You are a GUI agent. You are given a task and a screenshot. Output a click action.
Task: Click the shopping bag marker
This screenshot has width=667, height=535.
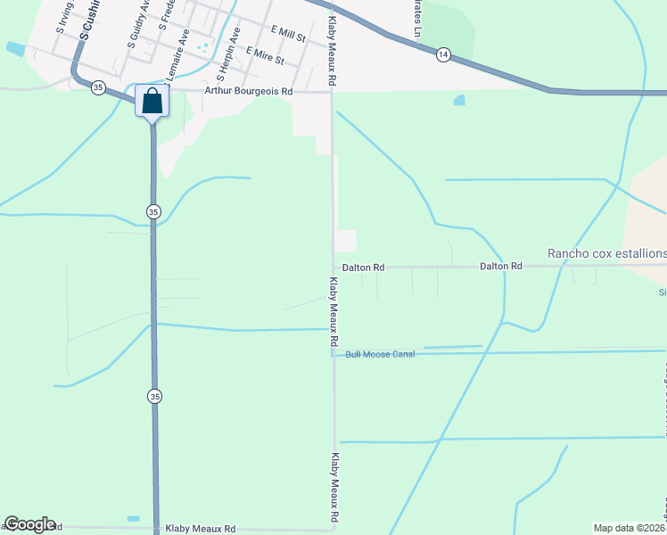pyautogui.click(x=152, y=101)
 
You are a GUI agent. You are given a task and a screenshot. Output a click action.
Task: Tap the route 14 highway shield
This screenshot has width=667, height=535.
pyautogui.click(x=443, y=55)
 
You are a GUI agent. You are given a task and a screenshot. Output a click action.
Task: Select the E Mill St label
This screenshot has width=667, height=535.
pyautogui.click(x=288, y=37)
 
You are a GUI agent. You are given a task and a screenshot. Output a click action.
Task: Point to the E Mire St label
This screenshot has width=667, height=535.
pyautogui.click(x=265, y=56)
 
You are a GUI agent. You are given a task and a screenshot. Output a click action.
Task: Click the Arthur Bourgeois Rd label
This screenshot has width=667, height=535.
pyautogui.click(x=249, y=91)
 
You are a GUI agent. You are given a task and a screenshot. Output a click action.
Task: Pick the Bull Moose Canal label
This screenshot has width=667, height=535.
pyautogui.click(x=381, y=354)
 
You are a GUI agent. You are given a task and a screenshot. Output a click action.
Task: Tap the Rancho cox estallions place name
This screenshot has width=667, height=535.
pyautogui.click(x=606, y=253)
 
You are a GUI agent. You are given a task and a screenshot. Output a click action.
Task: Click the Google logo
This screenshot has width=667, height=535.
pyautogui.click(x=29, y=524)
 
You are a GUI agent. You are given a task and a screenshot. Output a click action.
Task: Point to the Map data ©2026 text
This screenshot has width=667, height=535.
pyautogui.click(x=629, y=528)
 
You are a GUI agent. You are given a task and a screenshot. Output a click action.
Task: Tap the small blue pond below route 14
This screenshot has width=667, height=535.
pyautogui.click(x=458, y=100)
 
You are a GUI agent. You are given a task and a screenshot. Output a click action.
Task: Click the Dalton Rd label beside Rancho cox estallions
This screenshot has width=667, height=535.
pyautogui.click(x=500, y=266)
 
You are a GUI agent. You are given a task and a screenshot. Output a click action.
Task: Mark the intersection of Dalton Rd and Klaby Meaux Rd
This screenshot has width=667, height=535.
pyautogui.click(x=333, y=267)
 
